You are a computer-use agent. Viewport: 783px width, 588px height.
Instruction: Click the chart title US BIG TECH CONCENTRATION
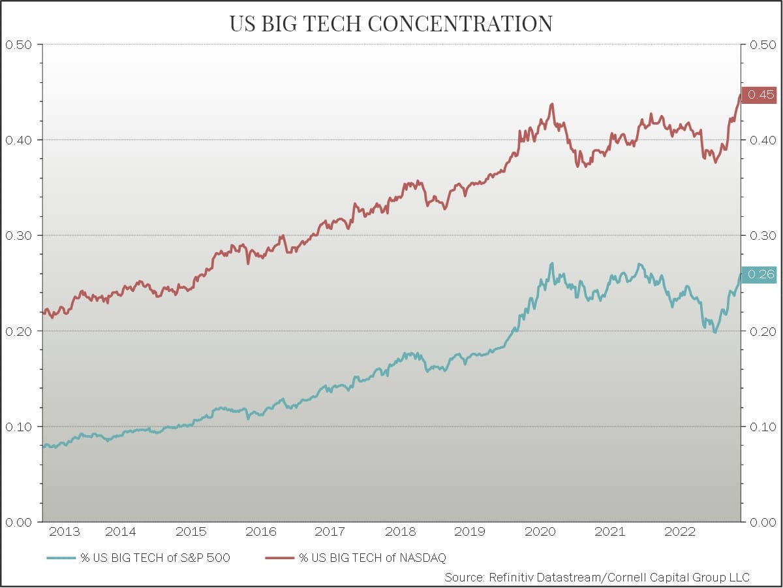pos(391,24)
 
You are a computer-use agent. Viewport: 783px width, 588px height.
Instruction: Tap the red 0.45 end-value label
pos(760,95)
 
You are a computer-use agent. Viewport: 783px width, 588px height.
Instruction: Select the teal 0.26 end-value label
pos(760,274)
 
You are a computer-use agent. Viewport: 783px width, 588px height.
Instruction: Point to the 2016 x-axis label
pos(260,532)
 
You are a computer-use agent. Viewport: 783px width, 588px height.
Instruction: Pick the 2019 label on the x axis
pos(470,532)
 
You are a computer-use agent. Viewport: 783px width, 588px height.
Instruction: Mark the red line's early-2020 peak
pos(552,104)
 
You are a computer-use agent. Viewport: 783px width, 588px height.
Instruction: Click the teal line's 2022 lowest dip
pos(715,332)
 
